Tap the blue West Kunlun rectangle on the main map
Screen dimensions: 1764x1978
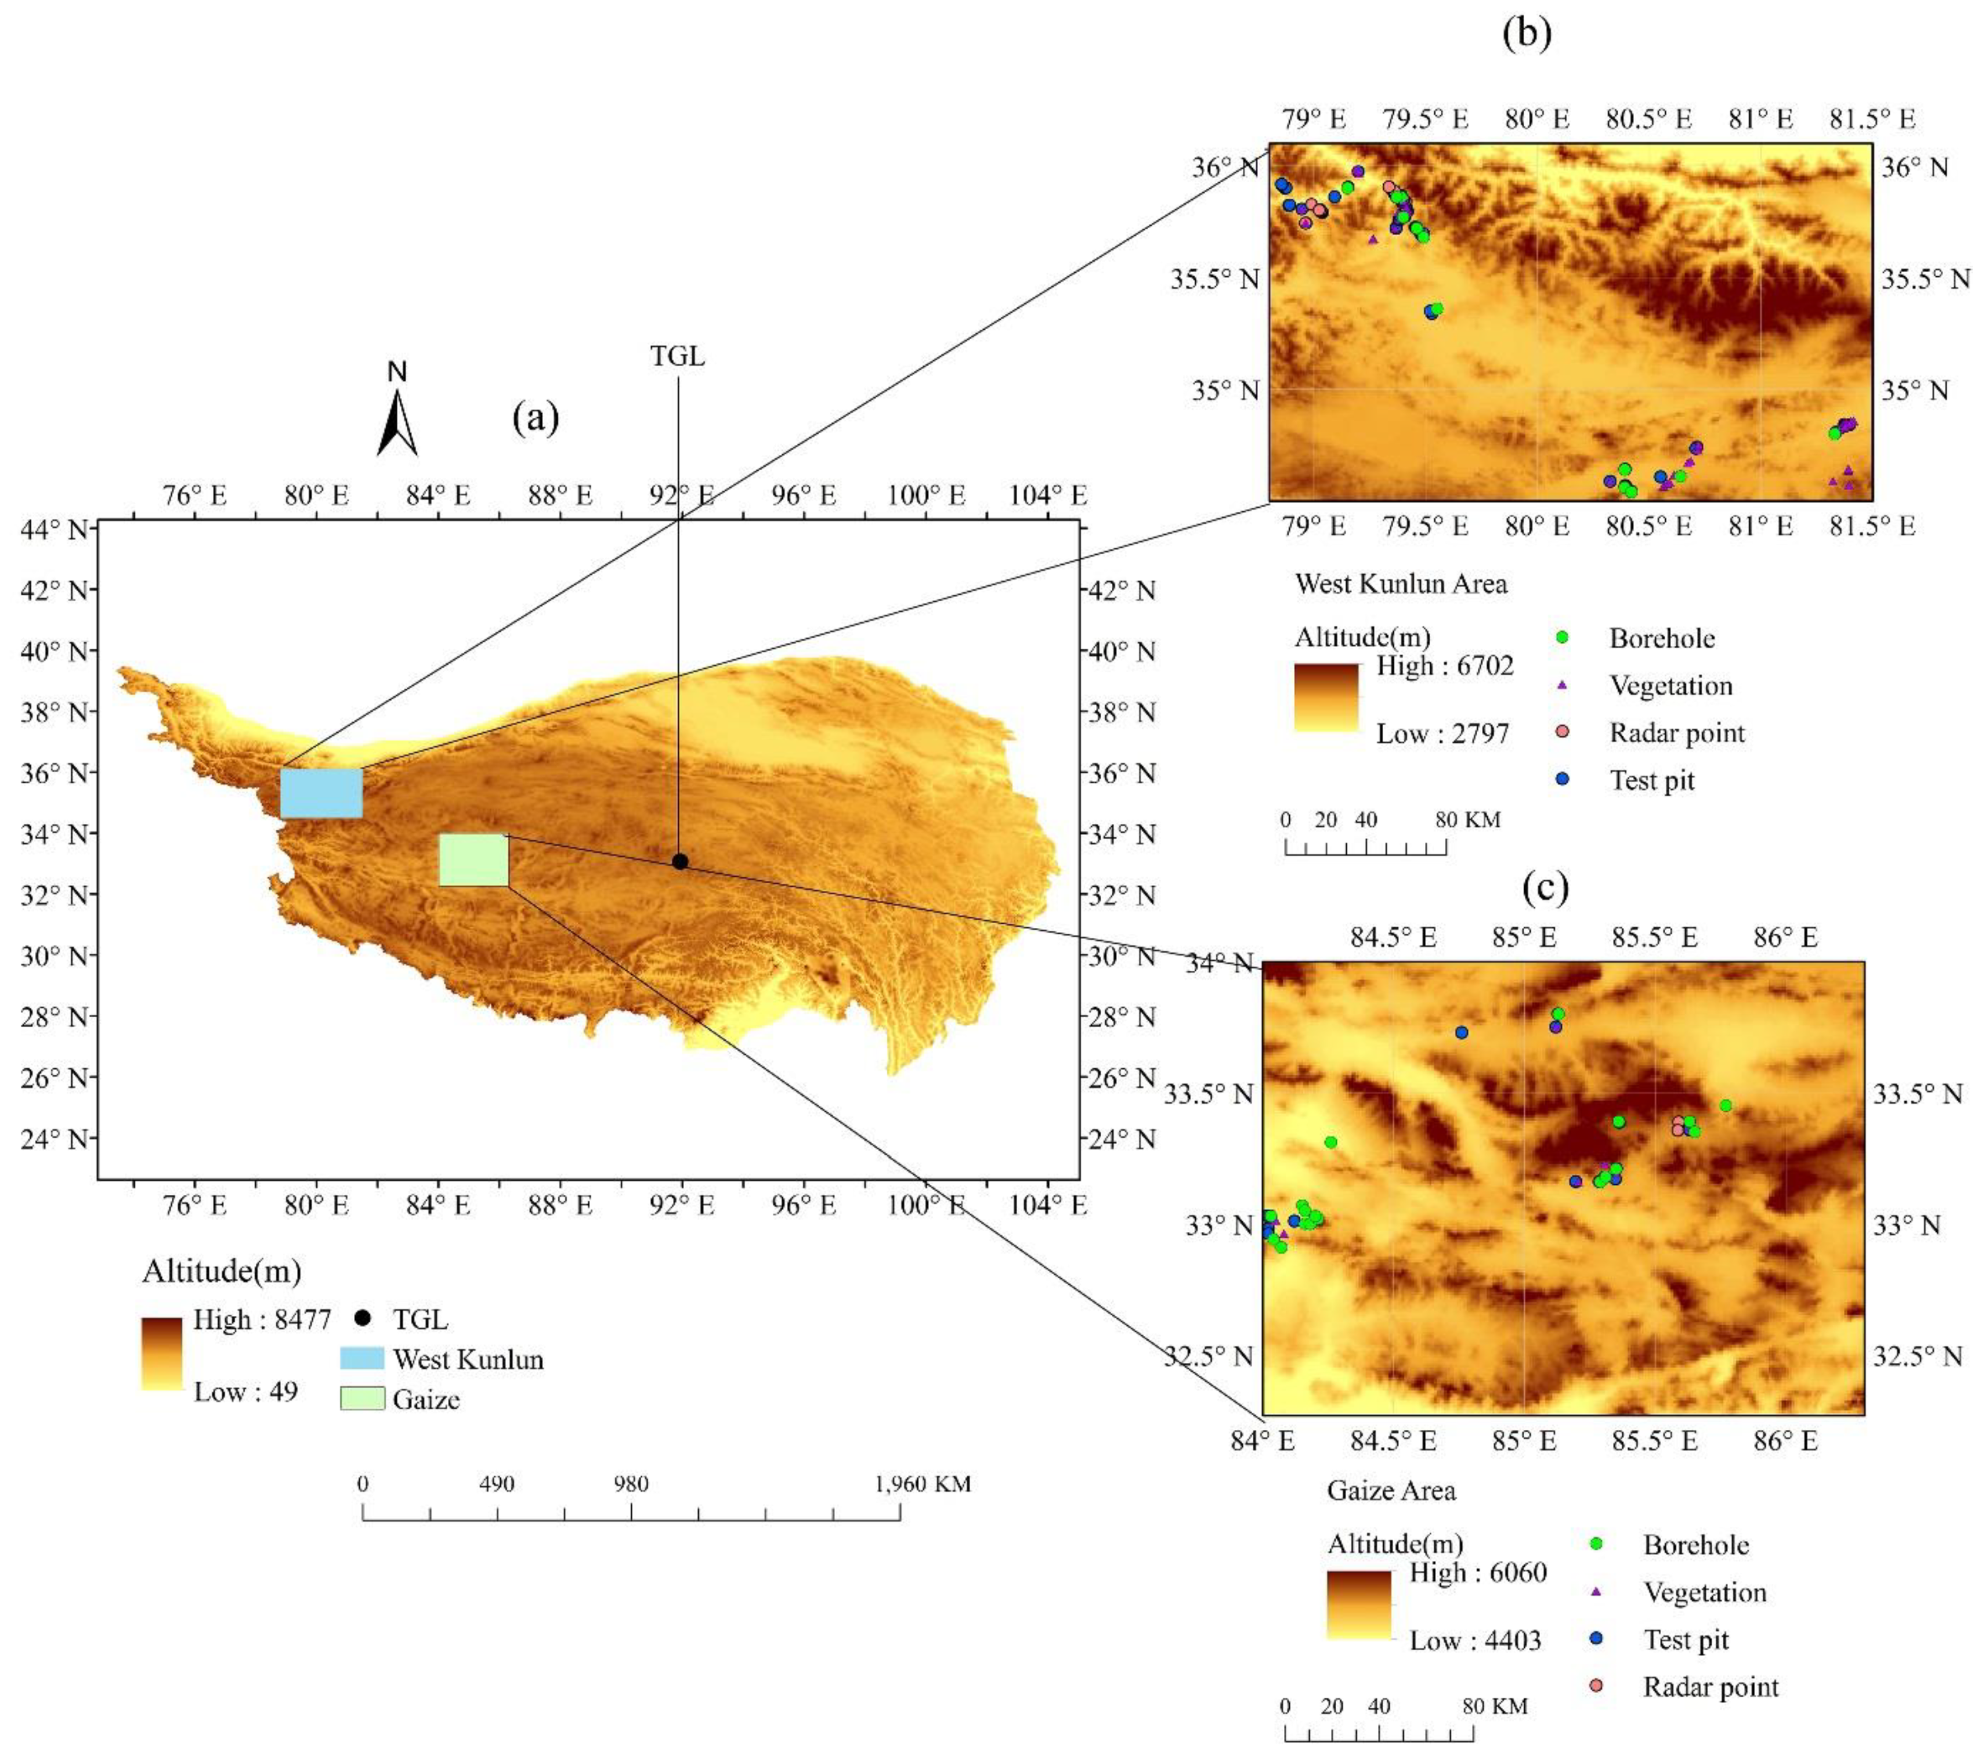coord(321,793)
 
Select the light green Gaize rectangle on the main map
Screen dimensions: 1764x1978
coord(473,860)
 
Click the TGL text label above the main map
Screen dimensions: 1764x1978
coord(678,357)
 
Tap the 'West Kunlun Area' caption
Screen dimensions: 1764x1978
coord(1401,584)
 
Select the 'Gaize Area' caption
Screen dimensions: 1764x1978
coord(1391,1491)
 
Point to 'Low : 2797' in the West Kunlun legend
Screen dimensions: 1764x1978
coord(1442,733)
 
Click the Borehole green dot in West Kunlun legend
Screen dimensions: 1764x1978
coord(1561,638)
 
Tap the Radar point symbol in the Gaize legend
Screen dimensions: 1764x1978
coord(1596,1686)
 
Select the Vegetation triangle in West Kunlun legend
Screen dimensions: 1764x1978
coord(1561,685)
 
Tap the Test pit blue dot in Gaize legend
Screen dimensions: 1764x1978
coord(1596,1639)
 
